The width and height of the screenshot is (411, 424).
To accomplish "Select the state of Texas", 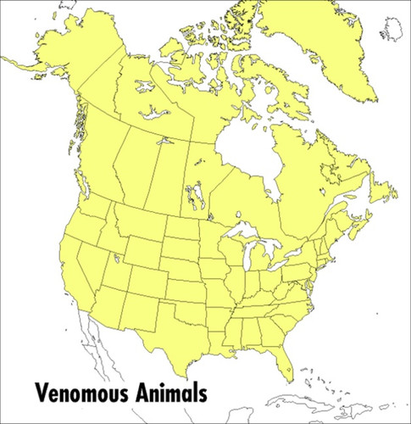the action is pos(182,326).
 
